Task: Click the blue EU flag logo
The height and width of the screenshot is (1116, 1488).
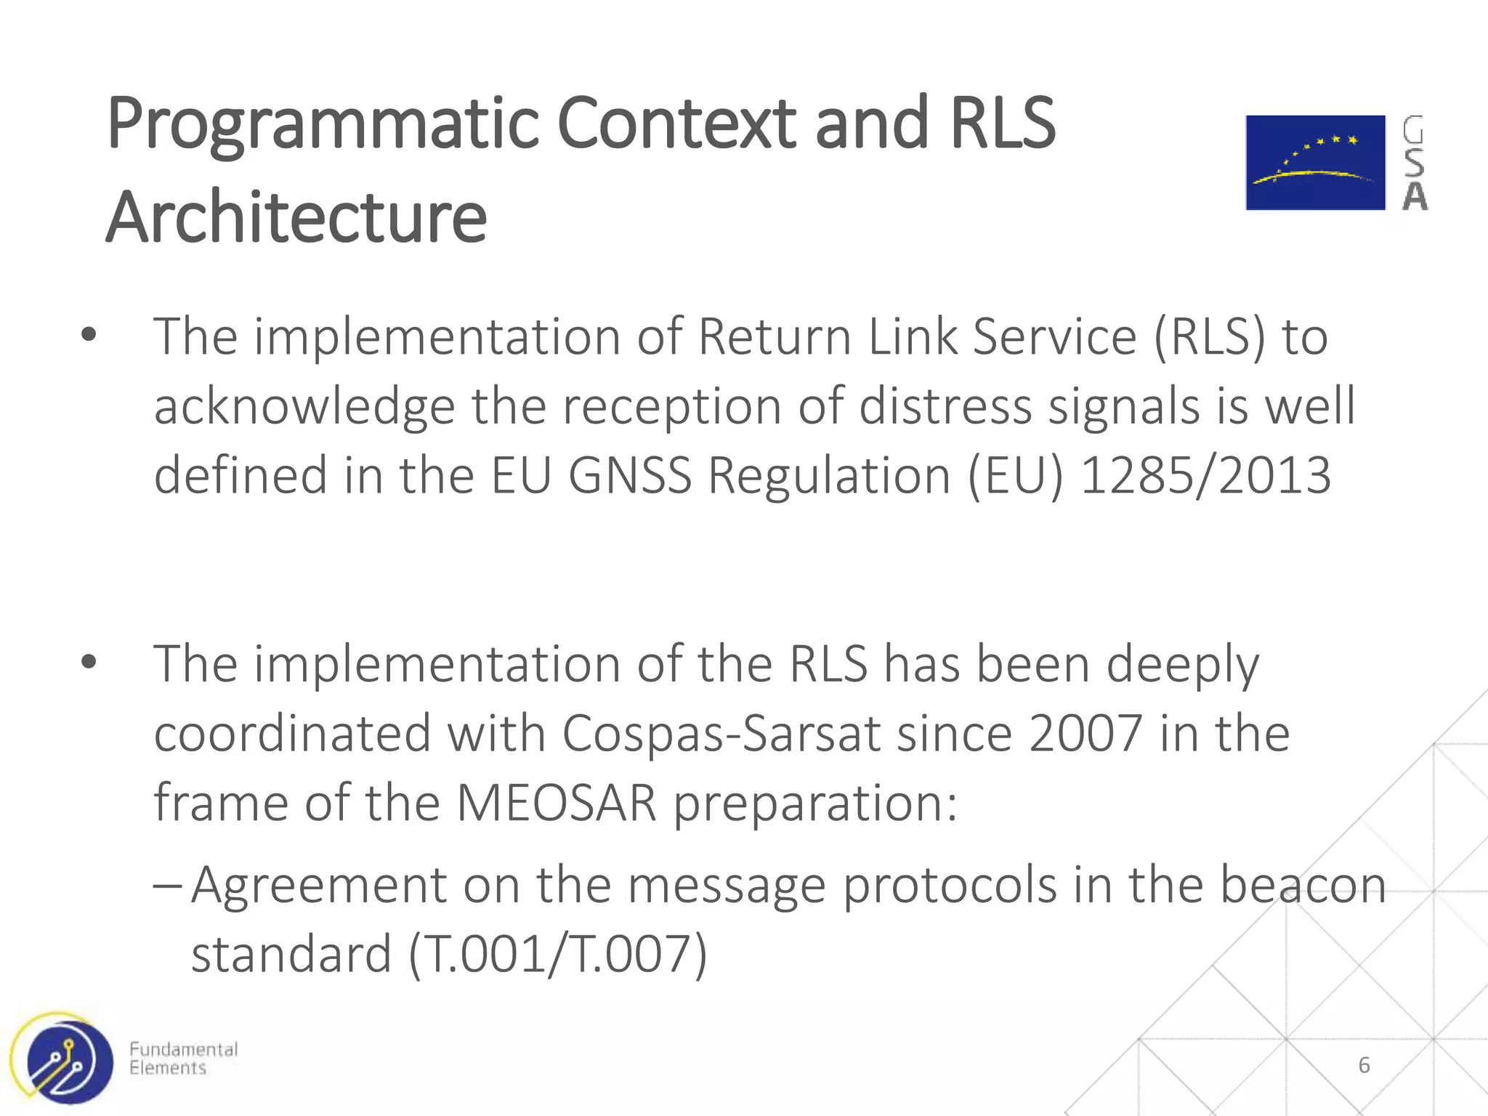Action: pos(1315,163)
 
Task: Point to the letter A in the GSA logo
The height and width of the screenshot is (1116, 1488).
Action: pos(1415,196)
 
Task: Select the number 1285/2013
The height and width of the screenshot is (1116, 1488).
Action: pos(1205,475)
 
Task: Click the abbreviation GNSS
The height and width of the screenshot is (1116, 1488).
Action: pos(629,475)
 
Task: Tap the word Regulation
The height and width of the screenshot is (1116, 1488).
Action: pos(829,475)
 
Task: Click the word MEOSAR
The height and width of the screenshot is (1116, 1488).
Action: pos(557,803)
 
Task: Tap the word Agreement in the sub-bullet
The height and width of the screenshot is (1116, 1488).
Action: pos(319,886)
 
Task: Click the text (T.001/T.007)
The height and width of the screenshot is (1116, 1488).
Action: pos(557,954)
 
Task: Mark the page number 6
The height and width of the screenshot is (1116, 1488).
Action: pos(1364,1065)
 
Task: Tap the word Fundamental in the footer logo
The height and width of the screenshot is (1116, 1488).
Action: pos(183,1049)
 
